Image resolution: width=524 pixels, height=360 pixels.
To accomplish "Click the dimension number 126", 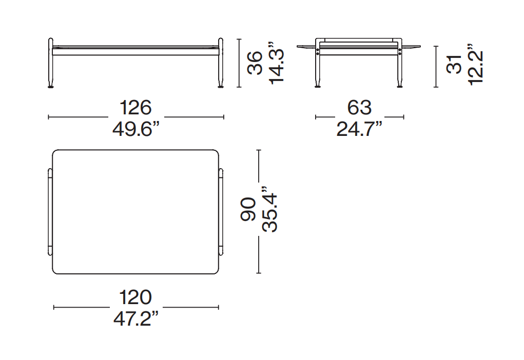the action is (135, 108).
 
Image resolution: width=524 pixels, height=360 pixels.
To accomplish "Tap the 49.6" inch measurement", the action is (135, 129).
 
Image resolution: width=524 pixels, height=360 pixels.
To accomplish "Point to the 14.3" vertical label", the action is (276, 63).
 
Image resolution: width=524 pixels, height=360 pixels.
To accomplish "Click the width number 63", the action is (359, 108).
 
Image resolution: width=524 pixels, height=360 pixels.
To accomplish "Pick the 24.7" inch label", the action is (359, 129).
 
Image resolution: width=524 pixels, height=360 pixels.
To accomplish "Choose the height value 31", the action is (454, 64).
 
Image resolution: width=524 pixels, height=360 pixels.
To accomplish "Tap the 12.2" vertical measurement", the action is (476, 65).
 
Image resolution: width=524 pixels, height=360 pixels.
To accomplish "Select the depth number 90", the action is (248, 209).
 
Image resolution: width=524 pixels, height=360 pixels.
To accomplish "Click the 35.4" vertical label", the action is (270, 209).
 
